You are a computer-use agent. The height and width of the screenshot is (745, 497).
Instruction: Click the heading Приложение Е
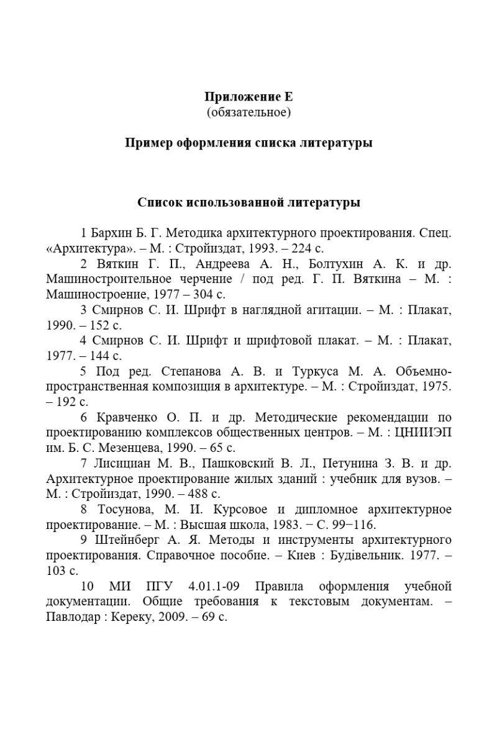(x=248, y=97)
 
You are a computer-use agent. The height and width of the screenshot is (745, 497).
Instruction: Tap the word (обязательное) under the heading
(x=248, y=112)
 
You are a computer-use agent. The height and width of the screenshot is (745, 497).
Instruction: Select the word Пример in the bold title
(x=147, y=143)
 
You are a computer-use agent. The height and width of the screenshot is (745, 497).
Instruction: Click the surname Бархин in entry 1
(x=109, y=234)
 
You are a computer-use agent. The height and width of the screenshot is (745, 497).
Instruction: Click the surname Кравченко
(x=124, y=417)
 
